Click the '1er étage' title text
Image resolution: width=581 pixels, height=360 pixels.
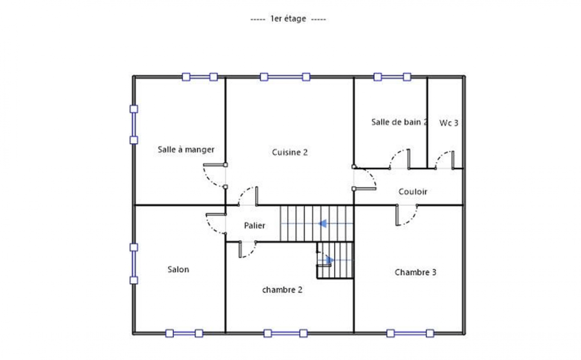[288, 19]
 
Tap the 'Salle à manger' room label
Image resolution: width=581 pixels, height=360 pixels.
[186, 150]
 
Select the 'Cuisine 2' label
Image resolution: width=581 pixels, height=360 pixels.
[290, 152]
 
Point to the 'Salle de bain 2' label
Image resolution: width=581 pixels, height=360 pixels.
[399, 122]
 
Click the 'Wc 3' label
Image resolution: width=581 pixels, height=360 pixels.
[449, 123]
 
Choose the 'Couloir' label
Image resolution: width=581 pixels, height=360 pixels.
[413, 192]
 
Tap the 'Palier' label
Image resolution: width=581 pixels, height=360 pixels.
[254, 226]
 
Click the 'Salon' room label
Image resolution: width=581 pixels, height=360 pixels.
[178, 270]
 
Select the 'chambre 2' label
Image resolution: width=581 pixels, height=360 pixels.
[282, 290]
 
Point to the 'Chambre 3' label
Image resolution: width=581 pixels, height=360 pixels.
[415, 272]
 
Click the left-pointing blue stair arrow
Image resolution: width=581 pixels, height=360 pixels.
[323, 224]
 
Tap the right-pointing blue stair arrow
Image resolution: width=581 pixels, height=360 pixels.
[330, 260]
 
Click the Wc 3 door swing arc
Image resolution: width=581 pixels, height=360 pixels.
[441, 156]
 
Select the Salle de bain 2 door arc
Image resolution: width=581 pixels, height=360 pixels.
[395, 155]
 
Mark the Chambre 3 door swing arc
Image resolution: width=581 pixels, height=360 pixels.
[412, 220]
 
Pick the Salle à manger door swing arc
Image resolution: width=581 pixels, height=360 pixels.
[209, 180]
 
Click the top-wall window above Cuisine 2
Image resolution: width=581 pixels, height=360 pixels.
[285, 77]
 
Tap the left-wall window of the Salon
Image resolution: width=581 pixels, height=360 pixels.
[134, 264]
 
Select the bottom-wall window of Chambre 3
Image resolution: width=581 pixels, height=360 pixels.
[410, 333]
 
